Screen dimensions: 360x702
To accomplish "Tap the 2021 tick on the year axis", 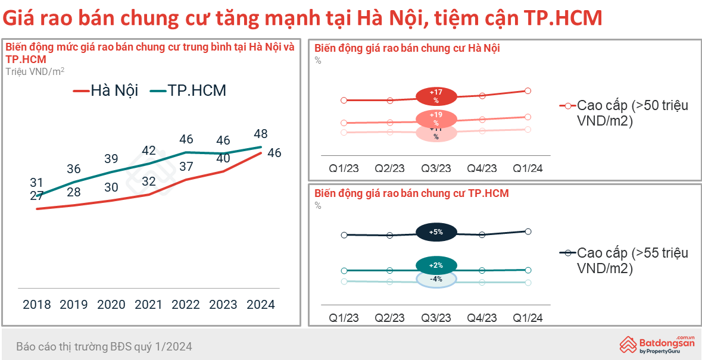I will (148, 305).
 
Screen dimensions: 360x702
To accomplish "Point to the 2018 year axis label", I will (37, 305).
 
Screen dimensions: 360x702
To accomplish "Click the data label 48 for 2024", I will (260, 134).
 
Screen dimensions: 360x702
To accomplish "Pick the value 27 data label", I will (37, 196).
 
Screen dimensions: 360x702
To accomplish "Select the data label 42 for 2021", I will (149, 151).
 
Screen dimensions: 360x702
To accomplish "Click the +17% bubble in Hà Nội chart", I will (436, 95).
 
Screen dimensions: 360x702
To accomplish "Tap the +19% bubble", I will (436, 118).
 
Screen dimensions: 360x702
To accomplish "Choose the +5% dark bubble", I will (436, 232).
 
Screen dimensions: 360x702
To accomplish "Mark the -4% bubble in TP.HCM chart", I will (436, 279).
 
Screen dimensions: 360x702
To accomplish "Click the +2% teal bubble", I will (436, 265).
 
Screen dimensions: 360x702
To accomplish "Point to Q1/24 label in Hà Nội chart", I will (528, 168).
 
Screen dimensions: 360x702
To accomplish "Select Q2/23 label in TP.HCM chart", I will (389, 318).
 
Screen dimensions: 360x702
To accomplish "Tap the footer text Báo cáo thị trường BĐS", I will (104, 346).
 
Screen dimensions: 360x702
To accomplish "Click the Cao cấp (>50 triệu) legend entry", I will (623, 113).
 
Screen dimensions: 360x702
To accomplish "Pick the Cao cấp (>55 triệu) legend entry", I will (623, 261).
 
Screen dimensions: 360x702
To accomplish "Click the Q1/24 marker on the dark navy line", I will (528, 231).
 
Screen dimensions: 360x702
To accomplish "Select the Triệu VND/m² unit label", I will (35, 71).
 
